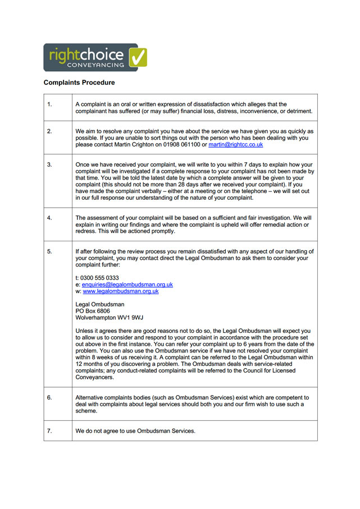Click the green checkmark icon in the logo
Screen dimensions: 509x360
click(138, 57)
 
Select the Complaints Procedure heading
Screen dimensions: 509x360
click(79, 82)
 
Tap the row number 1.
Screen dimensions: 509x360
click(49, 104)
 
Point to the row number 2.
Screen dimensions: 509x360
click(49, 131)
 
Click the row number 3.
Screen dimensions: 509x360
click(49, 164)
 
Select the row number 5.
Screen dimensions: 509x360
click(49, 251)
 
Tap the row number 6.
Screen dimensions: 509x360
click(49, 397)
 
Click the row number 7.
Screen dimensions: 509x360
click(49, 430)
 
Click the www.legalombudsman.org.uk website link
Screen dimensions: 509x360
click(120, 291)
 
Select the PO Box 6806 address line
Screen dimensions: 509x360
click(93, 310)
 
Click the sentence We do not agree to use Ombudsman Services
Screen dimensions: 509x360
click(135, 431)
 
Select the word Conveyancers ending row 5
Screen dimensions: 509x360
click(94, 378)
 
